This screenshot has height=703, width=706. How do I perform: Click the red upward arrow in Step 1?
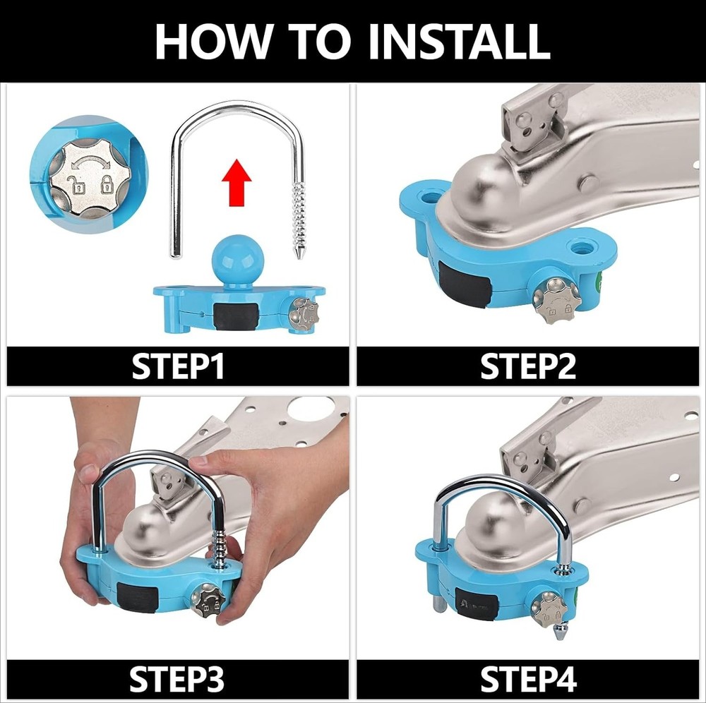coord(237,182)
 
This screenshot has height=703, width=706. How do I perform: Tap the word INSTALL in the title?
coord(459,41)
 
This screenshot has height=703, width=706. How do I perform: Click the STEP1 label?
coord(178,366)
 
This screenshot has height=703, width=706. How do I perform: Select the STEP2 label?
coord(527,366)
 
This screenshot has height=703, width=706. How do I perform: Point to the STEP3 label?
coord(177,679)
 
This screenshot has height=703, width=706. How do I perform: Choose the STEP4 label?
coord(528,679)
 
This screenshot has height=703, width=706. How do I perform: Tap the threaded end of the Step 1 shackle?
coord(298,220)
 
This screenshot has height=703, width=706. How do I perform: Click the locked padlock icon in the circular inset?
coord(107,184)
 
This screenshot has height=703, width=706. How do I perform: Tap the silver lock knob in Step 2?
coord(556,301)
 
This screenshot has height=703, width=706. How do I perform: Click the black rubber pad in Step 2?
coord(465,284)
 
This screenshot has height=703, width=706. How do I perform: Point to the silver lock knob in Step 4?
coord(550,610)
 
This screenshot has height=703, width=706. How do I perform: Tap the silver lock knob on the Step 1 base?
coord(304,313)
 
